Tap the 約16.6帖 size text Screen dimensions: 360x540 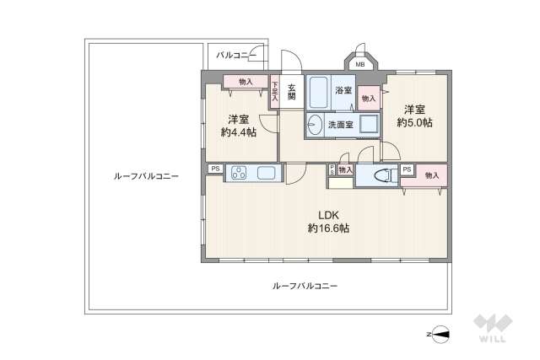coord(328,228)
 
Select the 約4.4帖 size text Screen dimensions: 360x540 coord(238,132)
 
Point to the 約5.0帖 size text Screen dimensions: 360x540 coord(414,122)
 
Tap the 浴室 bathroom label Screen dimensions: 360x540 coord(343,89)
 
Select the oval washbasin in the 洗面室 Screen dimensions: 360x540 coord(315,123)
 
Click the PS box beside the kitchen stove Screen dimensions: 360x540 coord(214,168)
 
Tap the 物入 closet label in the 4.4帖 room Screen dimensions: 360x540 coord(246,82)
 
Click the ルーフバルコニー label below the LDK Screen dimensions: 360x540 coord(305,286)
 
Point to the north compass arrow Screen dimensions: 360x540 coord(441,333)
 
